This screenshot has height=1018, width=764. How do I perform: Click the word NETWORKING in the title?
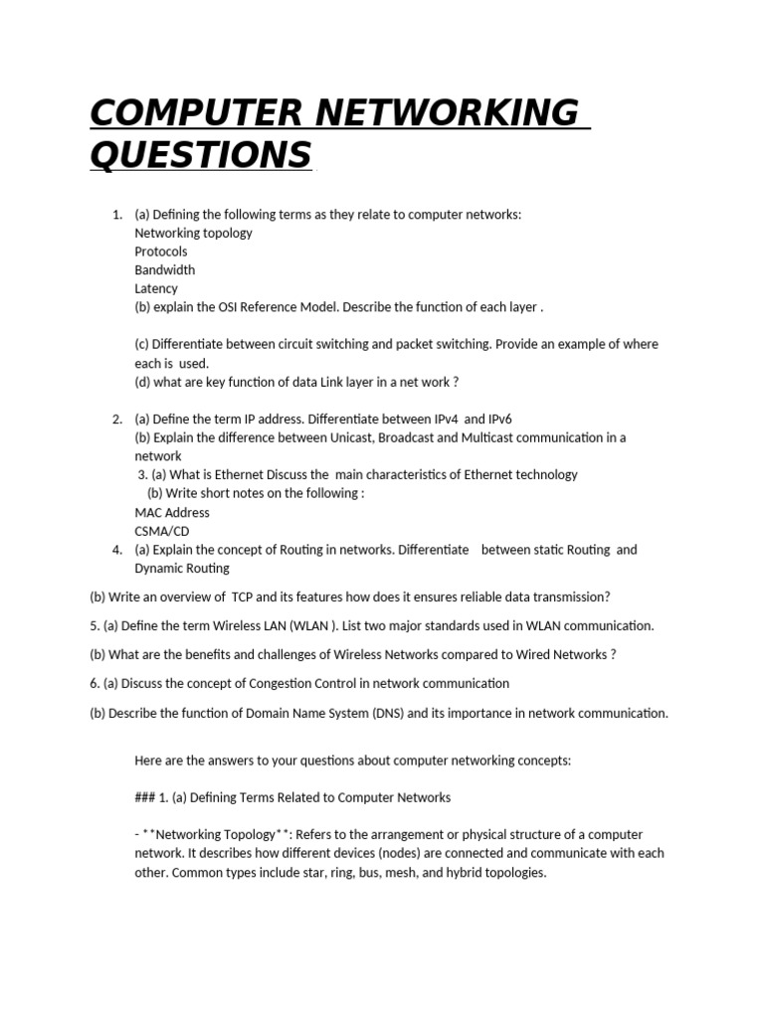(445, 113)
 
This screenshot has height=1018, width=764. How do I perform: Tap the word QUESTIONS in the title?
(201, 155)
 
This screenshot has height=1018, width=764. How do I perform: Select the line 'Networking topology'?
(193, 233)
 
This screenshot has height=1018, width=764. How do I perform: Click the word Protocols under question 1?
(160, 252)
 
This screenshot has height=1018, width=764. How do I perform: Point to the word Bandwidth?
(164, 269)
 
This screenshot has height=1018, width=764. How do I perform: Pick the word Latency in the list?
(156, 288)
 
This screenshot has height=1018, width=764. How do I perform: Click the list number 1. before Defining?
(116, 214)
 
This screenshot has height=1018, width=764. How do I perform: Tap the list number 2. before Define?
(116, 419)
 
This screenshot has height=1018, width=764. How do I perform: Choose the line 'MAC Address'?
(172, 512)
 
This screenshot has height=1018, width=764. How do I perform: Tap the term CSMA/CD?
(161, 531)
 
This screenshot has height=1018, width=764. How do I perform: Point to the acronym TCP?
(244, 596)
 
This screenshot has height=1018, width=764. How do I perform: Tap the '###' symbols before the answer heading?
(144, 797)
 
